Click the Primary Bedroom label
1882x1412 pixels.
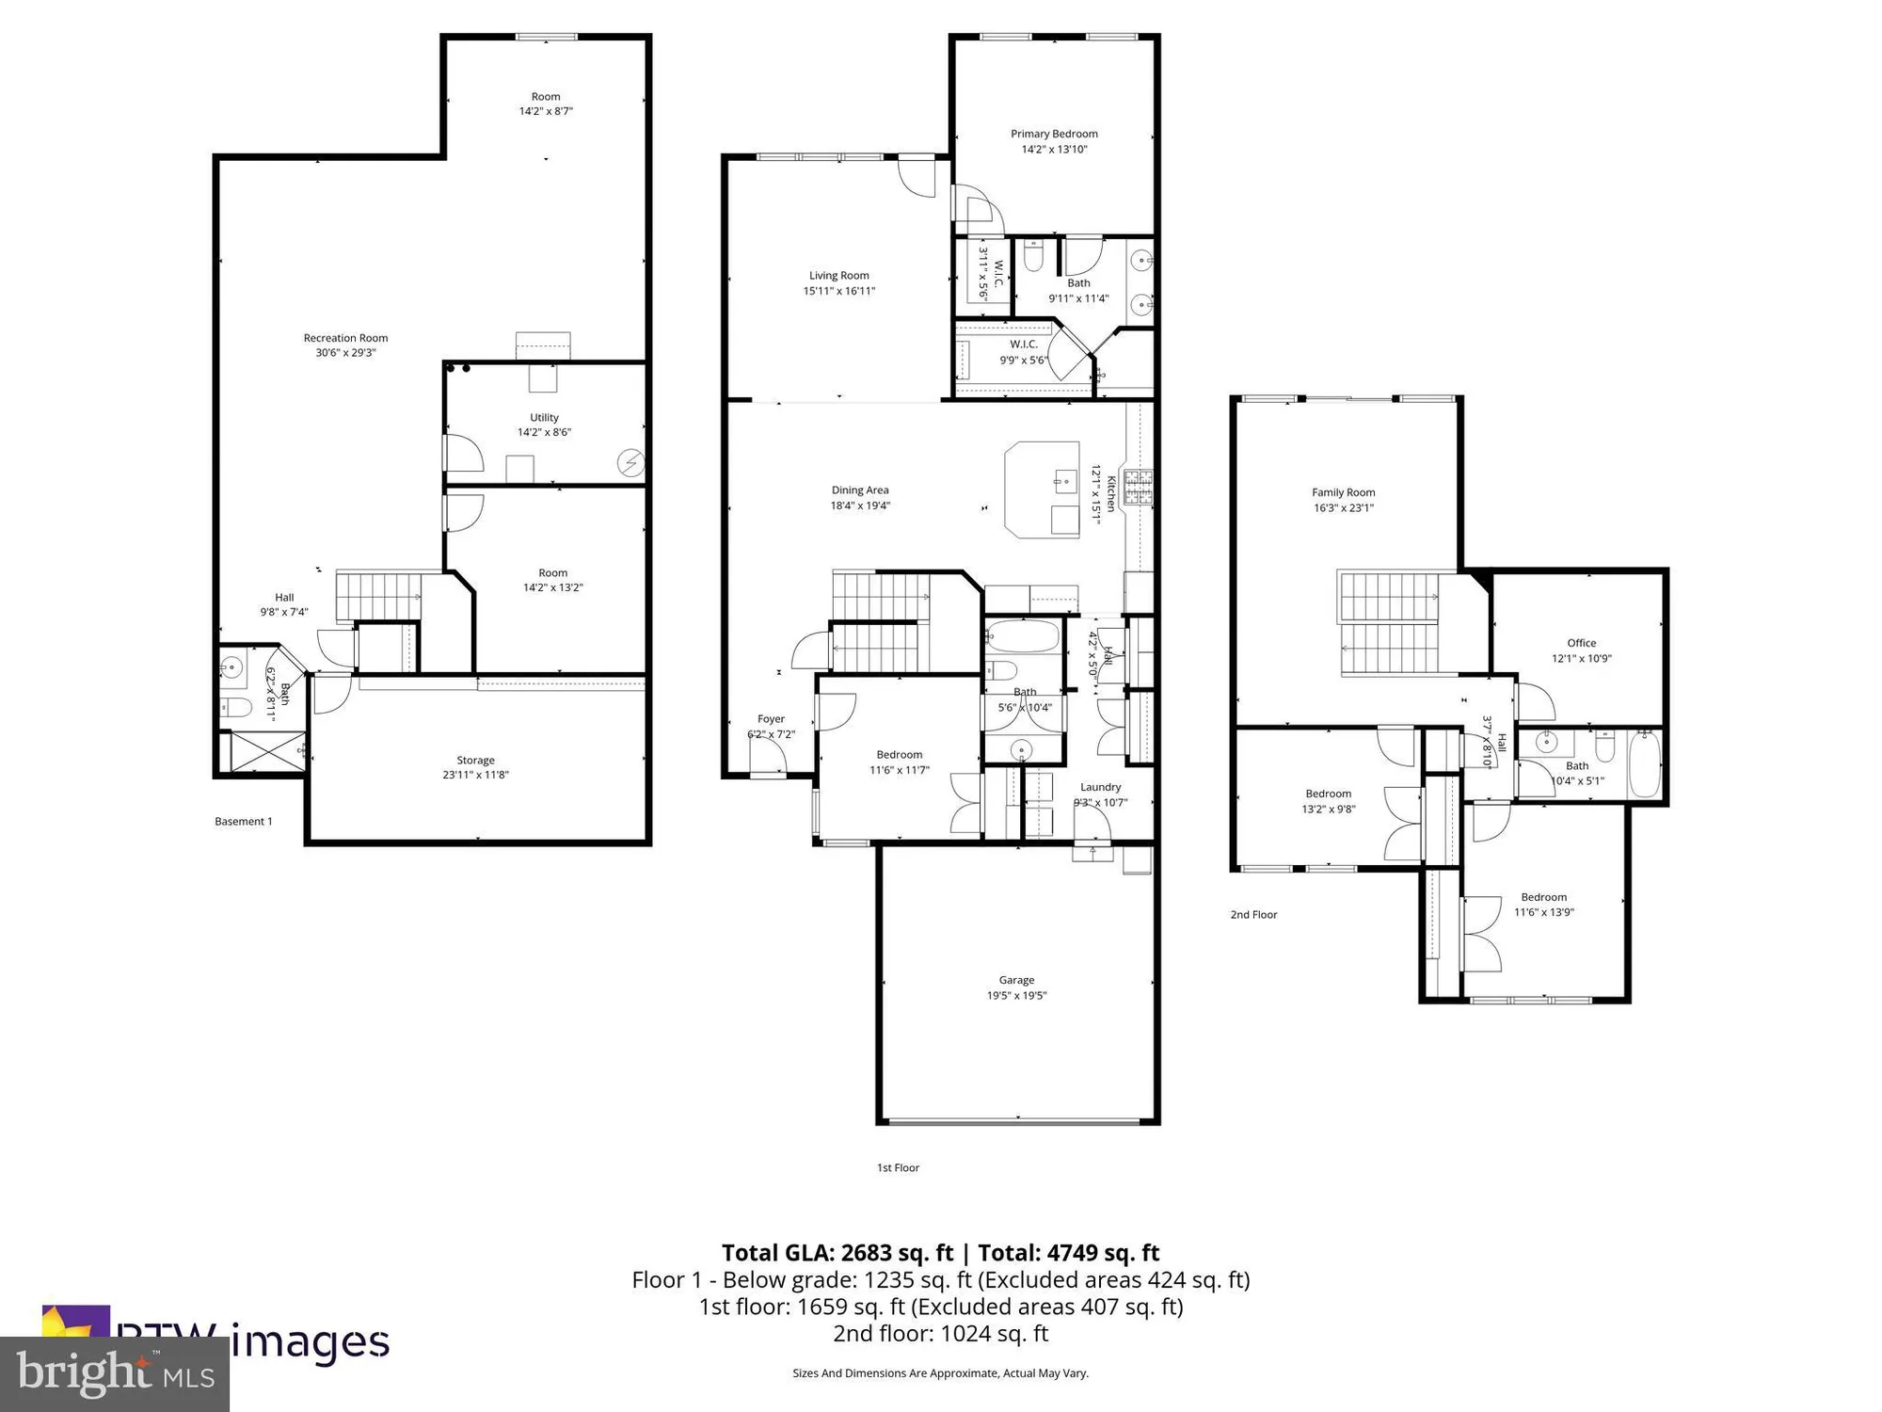[1054, 134]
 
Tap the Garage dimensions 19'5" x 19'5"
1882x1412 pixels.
[1016, 995]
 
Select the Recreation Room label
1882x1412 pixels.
[345, 338]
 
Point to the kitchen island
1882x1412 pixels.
[1042, 489]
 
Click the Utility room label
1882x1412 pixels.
[544, 417]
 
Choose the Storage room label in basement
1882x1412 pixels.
[475, 760]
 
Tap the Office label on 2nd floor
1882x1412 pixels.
[1581, 643]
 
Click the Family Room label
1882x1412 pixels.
[1343, 492]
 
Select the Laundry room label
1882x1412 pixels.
[1100, 787]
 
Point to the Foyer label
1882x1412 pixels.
[771, 719]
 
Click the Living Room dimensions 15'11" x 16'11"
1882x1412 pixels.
[838, 291]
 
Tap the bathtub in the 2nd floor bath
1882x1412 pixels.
[1645, 764]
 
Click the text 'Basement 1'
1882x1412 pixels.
[244, 821]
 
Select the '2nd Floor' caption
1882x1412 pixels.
[1253, 914]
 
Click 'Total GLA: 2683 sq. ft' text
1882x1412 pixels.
[837, 1253]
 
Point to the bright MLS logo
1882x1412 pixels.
[114, 1374]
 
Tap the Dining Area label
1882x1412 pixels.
[859, 489]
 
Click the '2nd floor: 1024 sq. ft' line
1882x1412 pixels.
[940, 1333]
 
